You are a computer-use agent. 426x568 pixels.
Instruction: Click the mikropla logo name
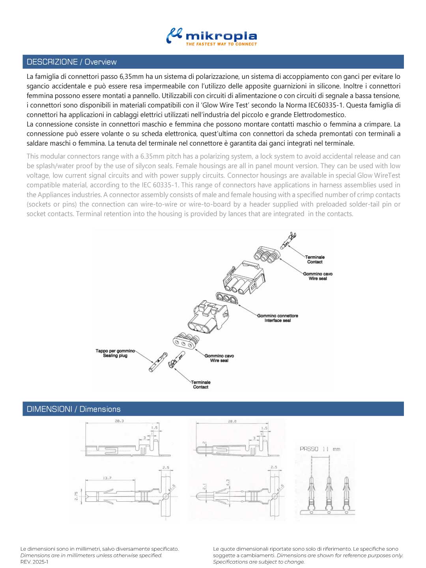tap(221, 36)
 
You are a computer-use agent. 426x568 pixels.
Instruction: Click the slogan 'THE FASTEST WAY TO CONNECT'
tap(221, 44)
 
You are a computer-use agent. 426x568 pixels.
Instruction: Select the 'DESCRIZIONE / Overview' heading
tap(71, 62)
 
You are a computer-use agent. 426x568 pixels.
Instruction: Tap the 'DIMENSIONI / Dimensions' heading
tap(73, 409)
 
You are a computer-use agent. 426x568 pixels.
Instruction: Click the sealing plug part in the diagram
tap(158, 362)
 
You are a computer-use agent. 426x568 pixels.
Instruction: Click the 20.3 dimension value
tap(119, 421)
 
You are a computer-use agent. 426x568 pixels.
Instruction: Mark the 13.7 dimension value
tap(107, 478)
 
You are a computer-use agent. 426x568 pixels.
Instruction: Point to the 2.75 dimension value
tap(77, 496)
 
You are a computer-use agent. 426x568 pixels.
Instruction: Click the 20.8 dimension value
tap(232, 421)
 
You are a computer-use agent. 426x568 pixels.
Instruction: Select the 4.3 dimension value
tap(228, 483)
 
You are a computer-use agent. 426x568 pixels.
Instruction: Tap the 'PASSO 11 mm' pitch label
tap(319, 449)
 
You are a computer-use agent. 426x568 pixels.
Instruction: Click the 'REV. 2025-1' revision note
tap(34, 562)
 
